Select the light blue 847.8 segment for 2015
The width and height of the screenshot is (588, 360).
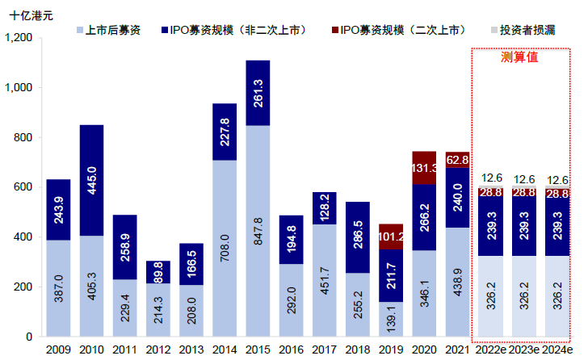(x=258, y=230)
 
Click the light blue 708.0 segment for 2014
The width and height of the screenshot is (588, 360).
(x=225, y=248)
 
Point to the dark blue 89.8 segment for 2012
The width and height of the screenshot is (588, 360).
(x=158, y=272)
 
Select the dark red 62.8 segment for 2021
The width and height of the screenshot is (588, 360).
(x=457, y=160)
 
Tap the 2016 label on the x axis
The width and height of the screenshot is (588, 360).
(x=291, y=350)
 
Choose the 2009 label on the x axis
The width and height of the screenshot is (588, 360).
(x=58, y=350)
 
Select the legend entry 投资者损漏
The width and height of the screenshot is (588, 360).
(x=526, y=30)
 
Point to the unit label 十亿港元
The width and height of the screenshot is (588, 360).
(x=31, y=15)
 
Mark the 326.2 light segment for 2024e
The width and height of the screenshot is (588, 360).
(x=556, y=296)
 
